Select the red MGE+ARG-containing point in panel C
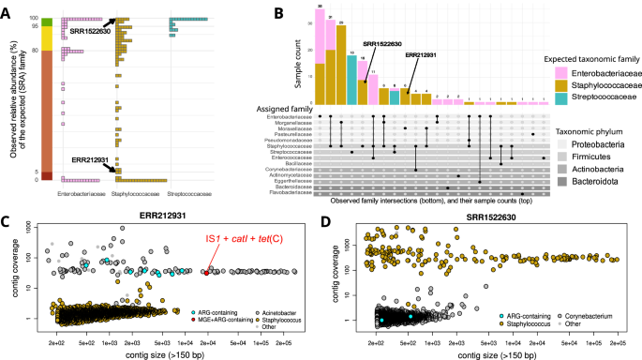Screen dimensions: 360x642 [205, 273]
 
